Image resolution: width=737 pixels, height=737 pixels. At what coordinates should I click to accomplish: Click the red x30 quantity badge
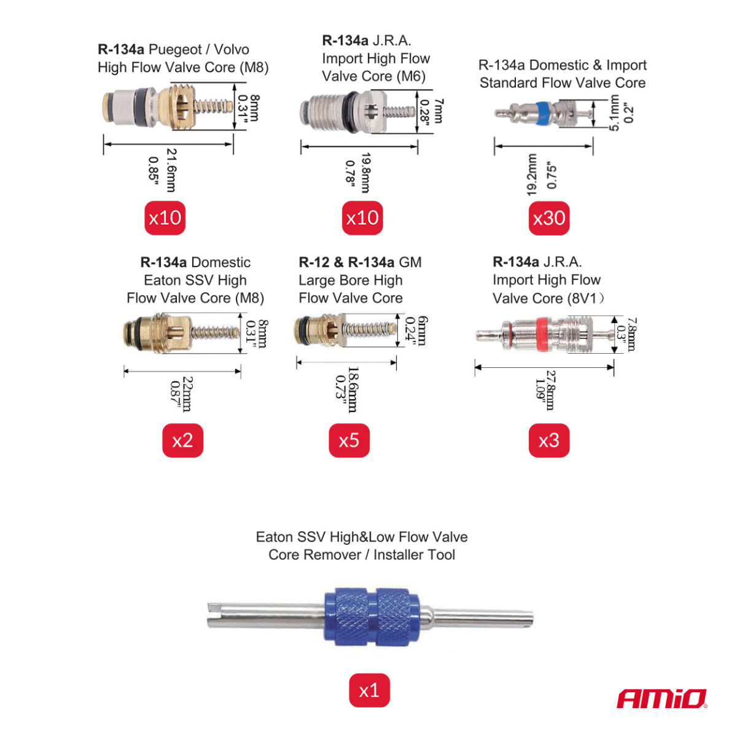[x=549, y=218]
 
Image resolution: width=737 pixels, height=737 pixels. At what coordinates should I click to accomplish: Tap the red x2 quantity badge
[x=182, y=440]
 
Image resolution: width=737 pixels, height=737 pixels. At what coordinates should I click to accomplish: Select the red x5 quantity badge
[x=349, y=440]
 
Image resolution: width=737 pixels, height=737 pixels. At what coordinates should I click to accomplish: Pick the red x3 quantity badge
[x=549, y=440]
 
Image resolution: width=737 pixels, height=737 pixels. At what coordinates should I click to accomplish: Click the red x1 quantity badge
[x=369, y=690]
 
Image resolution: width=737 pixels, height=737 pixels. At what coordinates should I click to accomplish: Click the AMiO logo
[x=661, y=699]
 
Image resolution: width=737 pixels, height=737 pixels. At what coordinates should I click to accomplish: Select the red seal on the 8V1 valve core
[x=542, y=335]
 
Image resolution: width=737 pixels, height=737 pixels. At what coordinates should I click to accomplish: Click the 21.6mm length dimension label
[x=171, y=170]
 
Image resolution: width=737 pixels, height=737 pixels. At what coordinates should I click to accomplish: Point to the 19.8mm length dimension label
[x=365, y=173]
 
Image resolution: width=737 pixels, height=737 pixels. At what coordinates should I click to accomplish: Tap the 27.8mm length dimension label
[x=550, y=390]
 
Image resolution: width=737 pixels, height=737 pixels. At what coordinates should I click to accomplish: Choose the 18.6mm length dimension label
[x=353, y=389]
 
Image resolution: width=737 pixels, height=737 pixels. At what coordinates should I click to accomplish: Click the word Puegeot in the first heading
[x=175, y=50]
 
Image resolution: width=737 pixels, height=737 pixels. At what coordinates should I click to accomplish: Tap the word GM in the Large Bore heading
[x=410, y=262]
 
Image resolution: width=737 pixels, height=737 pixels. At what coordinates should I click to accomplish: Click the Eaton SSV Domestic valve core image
[x=181, y=333]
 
